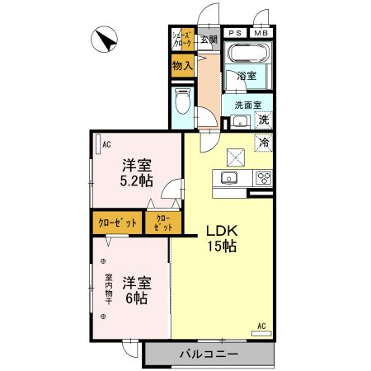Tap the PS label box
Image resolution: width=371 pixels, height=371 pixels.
coord(234,33)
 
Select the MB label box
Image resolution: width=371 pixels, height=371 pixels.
coord(261,33)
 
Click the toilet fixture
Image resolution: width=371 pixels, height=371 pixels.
coord(183,103)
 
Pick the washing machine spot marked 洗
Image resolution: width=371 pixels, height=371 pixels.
coord(264,120)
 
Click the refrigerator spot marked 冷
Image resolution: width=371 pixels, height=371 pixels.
coord(265,143)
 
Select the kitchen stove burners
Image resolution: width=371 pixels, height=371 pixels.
coord(263,176)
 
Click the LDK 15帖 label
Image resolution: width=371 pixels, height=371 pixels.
coord(222,237)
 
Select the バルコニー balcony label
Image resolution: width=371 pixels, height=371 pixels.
coord(209,355)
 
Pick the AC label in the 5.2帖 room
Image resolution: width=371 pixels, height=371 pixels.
coord(106,145)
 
